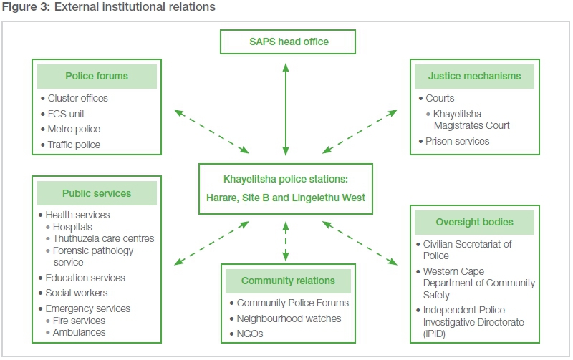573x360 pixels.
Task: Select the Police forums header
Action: pos(97,76)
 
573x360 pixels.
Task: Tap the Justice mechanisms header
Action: pos(474,76)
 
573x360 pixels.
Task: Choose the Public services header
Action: pos(97,193)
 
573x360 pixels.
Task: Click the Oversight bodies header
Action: pos(474,222)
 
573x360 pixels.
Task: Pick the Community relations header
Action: pos(287,281)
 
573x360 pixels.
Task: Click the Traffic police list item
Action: pos(74,145)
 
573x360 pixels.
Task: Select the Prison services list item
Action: pos(457,141)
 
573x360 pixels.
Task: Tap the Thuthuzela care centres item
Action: pos(103,238)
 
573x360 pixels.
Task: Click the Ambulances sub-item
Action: pos(79,332)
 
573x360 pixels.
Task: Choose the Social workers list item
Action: pos(76,293)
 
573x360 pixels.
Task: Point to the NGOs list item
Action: pos(251,334)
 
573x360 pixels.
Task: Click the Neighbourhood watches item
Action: pos(289,318)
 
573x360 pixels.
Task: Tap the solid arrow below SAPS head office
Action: pos(286,110)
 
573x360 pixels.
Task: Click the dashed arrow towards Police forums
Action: pos(211,132)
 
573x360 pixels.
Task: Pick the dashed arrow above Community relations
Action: pos(286,241)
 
